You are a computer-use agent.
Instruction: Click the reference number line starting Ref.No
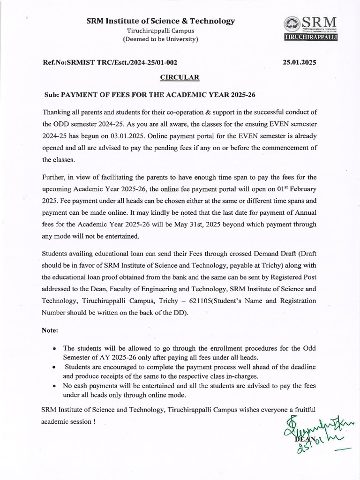pyautogui.click(x=110, y=62)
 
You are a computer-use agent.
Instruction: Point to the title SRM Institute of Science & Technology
pyautogui.click(x=161, y=21)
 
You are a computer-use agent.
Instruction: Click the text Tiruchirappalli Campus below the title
pyautogui.click(x=161, y=30)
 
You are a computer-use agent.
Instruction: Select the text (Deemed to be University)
pyautogui.click(x=161, y=39)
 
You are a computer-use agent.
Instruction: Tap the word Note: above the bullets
pyautogui.click(x=50, y=330)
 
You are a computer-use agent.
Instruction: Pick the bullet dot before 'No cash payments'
pyautogui.click(x=55, y=386)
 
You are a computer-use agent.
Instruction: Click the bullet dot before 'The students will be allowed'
pyautogui.click(x=55, y=349)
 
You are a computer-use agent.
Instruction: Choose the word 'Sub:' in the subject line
pyautogui.click(x=52, y=94)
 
